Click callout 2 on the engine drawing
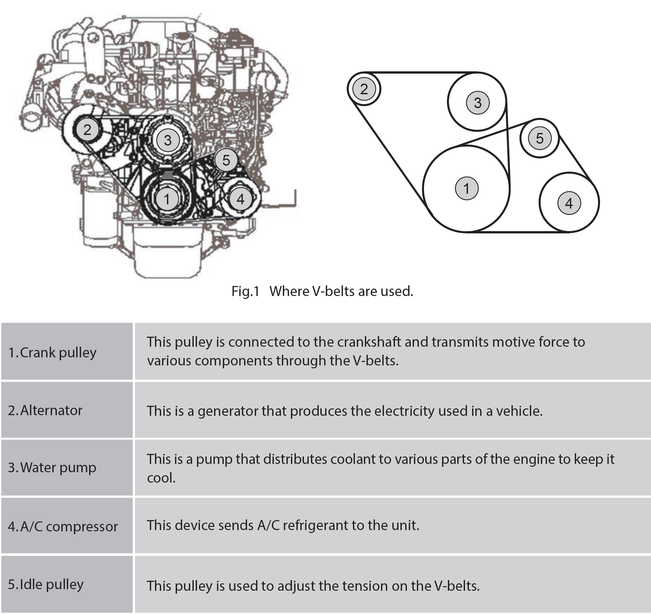87,129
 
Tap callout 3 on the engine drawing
168,140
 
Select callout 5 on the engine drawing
226,160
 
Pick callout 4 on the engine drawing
241,199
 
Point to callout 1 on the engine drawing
167,199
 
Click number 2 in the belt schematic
364,89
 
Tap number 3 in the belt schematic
478,103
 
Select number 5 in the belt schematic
540,138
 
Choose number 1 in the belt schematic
467,188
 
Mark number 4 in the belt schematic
569,203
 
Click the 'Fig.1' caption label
245,291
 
